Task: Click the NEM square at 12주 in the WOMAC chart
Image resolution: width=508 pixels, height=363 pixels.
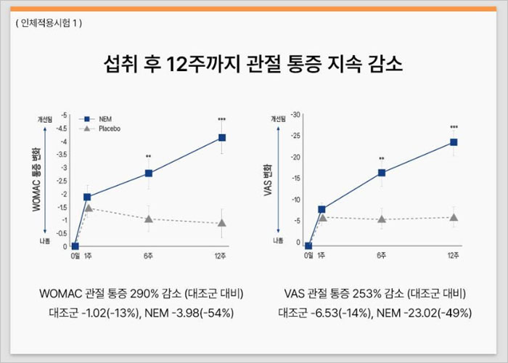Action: pos(221,137)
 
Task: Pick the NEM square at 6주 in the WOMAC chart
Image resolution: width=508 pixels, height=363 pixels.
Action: pos(149,173)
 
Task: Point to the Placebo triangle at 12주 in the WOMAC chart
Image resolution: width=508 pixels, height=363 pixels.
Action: pos(221,223)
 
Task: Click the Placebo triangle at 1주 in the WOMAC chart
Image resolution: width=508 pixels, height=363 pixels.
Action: pos(88,208)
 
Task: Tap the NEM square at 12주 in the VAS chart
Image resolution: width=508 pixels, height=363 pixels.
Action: pos(454,142)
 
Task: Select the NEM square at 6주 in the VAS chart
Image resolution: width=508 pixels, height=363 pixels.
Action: pos(382,173)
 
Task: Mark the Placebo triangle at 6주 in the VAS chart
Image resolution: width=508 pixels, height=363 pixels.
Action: pos(382,219)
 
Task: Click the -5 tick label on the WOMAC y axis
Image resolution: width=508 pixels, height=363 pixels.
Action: pos(65,115)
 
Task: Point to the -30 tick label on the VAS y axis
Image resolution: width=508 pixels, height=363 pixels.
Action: pos(295,115)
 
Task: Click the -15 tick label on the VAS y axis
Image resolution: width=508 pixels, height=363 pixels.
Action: pos(295,179)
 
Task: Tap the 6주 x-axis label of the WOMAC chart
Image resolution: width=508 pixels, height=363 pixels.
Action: pos(149,256)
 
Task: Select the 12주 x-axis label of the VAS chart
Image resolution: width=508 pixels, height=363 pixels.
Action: pos(454,256)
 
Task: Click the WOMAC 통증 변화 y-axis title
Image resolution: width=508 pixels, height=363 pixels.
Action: pos(37,179)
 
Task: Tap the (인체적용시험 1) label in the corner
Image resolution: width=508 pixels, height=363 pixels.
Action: pos(49,23)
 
